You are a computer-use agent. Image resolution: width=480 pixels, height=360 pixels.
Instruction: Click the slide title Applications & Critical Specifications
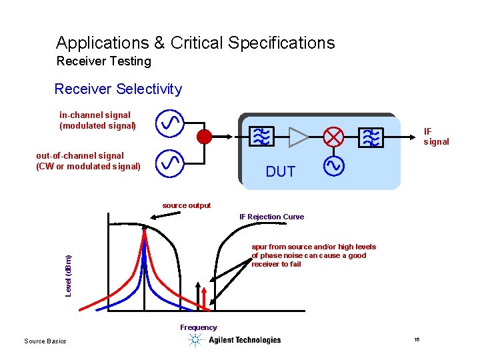pyautogui.click(x=195, y=43)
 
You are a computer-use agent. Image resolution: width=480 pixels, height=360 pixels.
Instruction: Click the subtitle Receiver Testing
pyautogui.click(x=104, y=62)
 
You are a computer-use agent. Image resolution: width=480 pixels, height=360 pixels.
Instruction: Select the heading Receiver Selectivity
pyautogui.click(x=118, y=89)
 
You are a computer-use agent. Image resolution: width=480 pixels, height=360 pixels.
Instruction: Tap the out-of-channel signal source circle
pyautogui.click(x=170, y=161)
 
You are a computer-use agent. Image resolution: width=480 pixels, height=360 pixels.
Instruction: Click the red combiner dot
pyautogui.click(x=205, y=137)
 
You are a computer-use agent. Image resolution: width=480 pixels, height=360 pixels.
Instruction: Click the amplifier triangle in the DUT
pyautogui.click(x=298, y=137)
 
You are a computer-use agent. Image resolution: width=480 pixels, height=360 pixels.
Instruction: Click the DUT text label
pyautogui.click(x=280, y=172)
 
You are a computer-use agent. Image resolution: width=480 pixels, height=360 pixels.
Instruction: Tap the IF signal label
pyautogui.click(x=436, y=137)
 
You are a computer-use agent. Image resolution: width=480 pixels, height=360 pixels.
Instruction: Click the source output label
pyautogui.click(x=187, y=205)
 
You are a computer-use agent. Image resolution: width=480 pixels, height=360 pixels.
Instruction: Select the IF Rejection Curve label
pyautogui.click(x=271, y=217)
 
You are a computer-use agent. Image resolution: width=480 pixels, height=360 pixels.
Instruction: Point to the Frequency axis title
pyautogui.click(x=198, y=327)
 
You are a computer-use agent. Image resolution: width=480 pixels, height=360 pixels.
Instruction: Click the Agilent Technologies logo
pyautogui.click(x=234, y=340)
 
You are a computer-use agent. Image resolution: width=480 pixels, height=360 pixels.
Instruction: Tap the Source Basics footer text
pyautogui.click(x=45, y=341)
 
